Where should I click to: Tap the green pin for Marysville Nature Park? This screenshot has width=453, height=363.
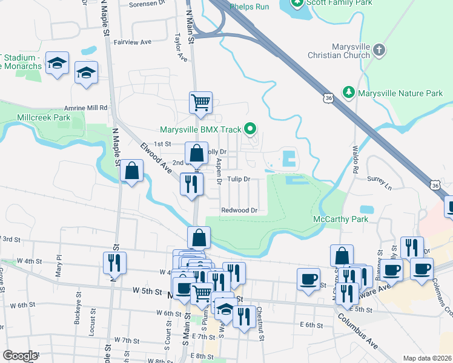349,93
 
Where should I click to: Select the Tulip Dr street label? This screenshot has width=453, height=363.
239,179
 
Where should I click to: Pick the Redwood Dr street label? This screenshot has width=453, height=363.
240,210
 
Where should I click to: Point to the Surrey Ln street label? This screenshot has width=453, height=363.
380,179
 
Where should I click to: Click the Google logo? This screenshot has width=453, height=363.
20,356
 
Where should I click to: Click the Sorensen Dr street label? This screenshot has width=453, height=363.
147,4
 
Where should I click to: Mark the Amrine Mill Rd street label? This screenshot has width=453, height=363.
87,108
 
